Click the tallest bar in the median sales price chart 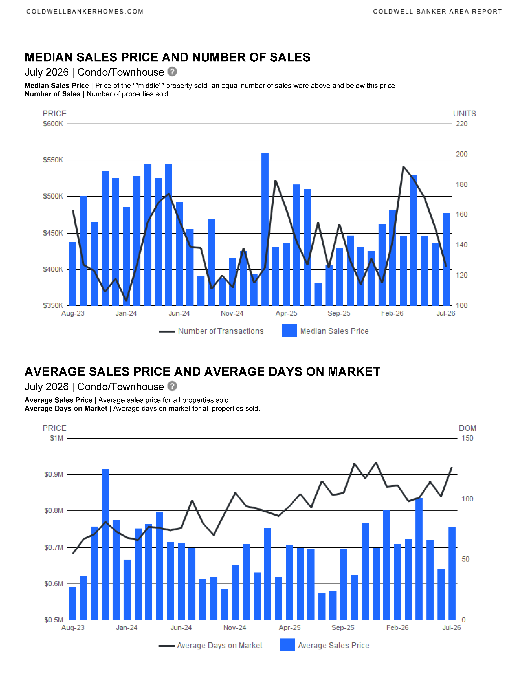tap(265, 229)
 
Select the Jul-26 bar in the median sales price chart tap(446, 259)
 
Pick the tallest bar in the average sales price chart tap(106, 544)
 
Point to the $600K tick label tap(53, 124)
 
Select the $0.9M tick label tap(54, 474)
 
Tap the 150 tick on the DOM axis tap(467, 438)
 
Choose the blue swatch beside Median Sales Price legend tap(289, 331)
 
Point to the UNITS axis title tap(465, 114)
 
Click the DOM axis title tap(467, 428)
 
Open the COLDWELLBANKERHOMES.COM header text tap(85, 12)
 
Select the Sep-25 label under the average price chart tap(343, 628)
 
